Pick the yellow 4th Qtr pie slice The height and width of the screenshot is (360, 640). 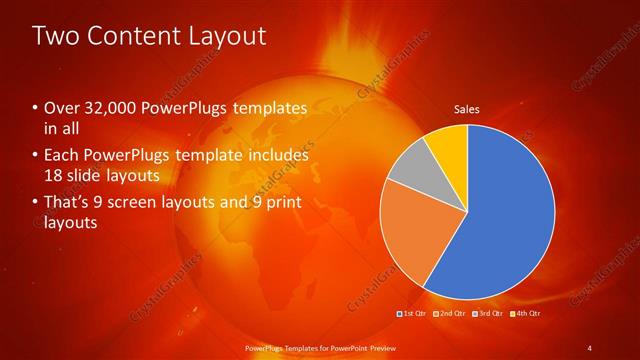(x=448, y=145)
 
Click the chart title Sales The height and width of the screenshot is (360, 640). (x=466, y=109)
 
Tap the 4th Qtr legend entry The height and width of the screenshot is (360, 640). (x=525, y=314)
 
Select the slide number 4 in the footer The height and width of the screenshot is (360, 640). (x=590, y=347)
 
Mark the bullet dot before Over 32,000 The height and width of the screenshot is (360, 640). (x=36, y=107)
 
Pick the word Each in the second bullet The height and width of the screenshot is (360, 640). (x=62, y=156)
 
